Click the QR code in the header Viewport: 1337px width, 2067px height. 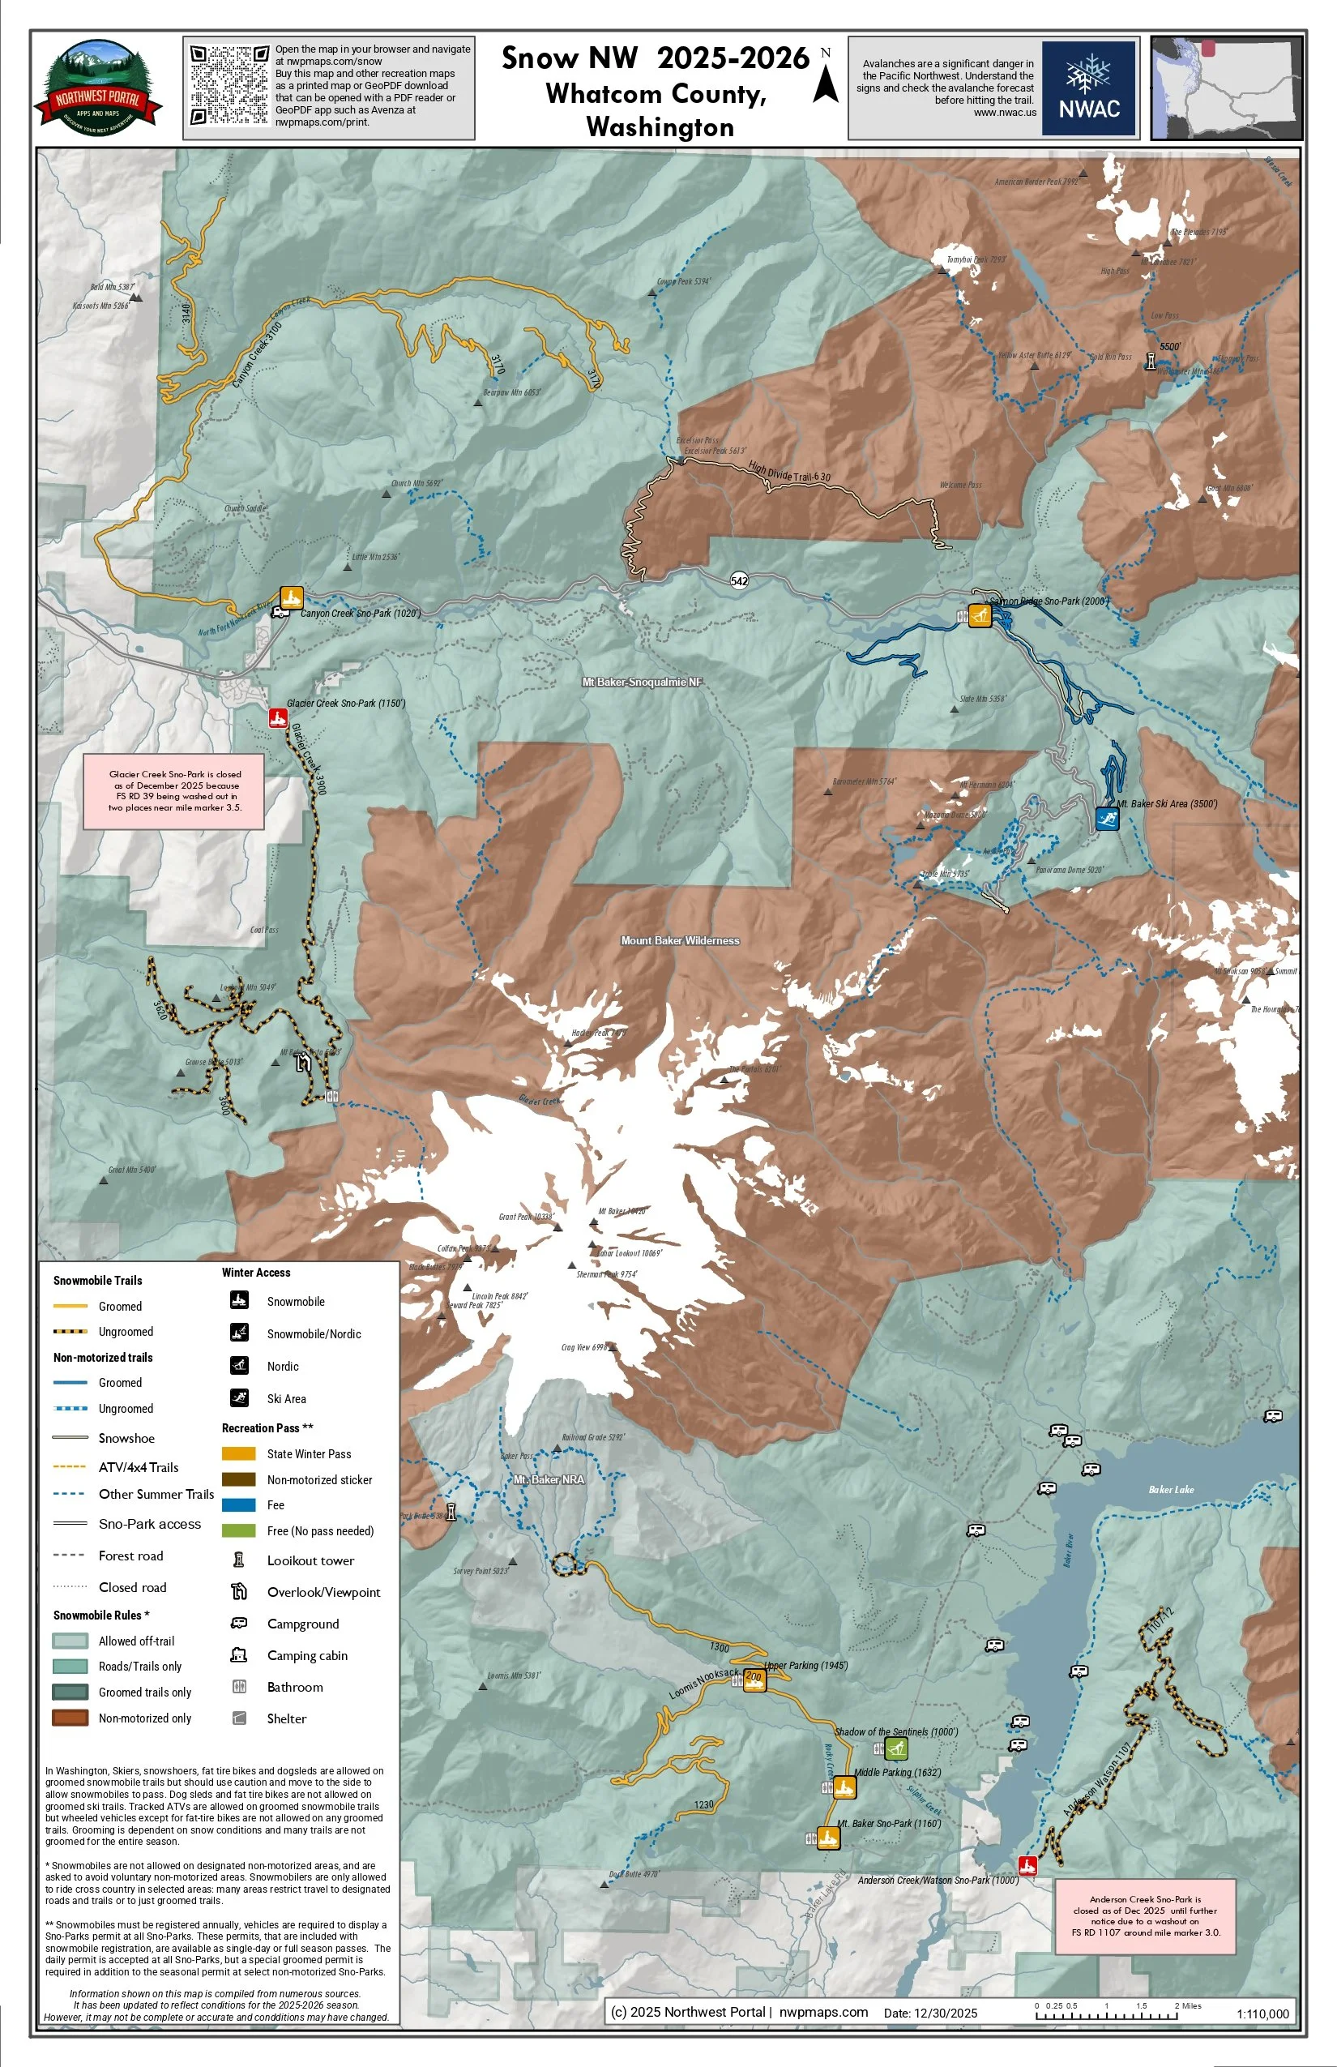229,85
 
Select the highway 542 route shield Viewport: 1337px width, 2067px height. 739,581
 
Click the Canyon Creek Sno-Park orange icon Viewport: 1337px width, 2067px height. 291,597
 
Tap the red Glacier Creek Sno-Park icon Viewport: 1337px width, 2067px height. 278,717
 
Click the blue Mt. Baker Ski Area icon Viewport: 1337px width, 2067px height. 1106,818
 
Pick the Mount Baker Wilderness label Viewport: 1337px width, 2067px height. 680,940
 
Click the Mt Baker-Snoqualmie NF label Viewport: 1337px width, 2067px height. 642,682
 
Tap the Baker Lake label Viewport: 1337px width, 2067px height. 1170,1490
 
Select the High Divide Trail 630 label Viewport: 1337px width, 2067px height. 789,472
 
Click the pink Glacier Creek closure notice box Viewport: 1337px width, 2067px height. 174,790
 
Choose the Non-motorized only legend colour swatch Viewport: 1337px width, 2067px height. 70,1718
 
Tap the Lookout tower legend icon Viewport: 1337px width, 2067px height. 239,1560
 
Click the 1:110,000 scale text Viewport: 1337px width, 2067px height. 1262,2014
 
